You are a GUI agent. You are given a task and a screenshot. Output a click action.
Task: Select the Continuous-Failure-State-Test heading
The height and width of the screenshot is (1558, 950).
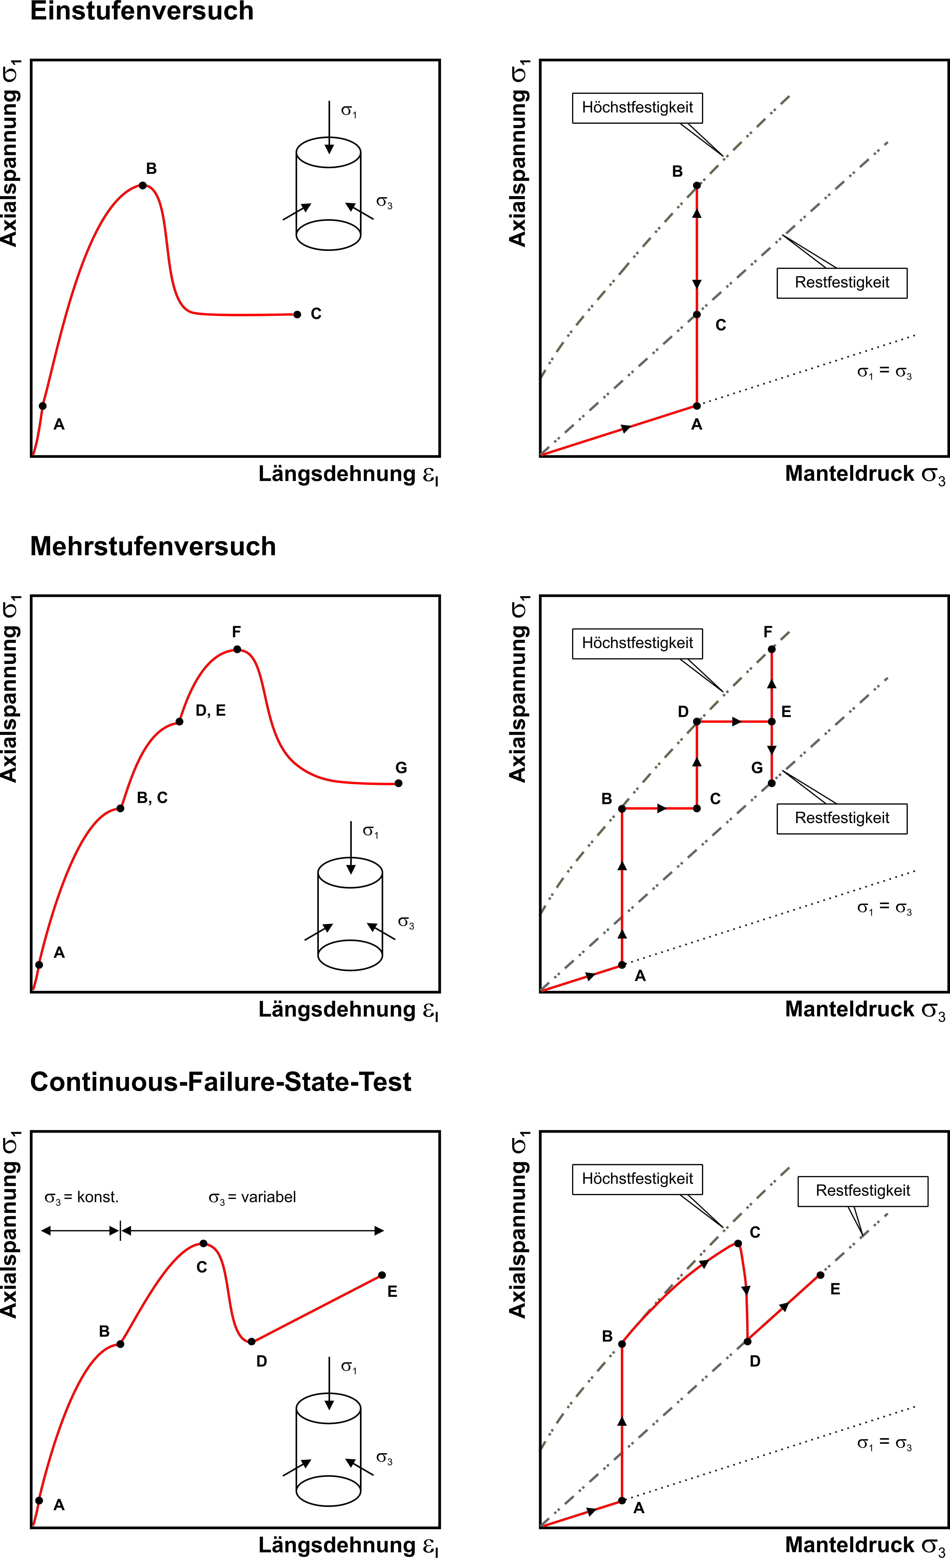(221, 1082)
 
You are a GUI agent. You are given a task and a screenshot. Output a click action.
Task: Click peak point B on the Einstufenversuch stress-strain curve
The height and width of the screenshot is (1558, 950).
(143, 185)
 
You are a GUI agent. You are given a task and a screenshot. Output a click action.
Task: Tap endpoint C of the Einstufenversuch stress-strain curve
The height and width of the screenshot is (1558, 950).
(297, 314)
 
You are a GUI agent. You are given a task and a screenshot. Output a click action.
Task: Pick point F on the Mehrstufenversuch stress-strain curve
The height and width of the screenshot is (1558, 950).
(237, 649)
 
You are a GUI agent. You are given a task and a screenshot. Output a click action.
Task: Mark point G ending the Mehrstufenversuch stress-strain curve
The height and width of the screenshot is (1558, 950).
(399, 783)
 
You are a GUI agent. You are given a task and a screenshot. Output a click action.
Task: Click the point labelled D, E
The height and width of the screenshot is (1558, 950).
(180, 722)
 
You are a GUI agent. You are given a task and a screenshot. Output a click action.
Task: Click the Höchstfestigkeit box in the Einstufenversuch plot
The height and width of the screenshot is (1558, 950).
(637, 108)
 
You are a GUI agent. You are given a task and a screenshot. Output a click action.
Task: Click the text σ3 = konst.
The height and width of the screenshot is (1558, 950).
(82, 1198)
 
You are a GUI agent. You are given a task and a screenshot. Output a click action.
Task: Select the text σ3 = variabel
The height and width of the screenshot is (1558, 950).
(252, 1198)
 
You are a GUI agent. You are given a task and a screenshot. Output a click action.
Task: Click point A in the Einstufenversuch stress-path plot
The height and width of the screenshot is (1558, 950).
(697, 406)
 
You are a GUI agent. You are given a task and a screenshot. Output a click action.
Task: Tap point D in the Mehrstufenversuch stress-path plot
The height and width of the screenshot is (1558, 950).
(697, 722)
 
